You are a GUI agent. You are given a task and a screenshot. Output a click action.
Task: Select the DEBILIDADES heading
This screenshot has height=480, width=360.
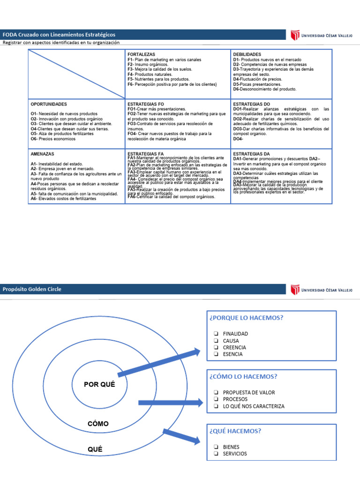247,55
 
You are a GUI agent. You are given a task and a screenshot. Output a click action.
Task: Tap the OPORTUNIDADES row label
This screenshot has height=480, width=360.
49,104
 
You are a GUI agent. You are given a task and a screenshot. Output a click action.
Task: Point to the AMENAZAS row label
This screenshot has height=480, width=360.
42,154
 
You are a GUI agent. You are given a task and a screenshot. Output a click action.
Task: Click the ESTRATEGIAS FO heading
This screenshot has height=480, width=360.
146,104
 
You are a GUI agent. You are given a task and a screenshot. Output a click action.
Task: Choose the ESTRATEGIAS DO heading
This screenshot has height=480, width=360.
252,104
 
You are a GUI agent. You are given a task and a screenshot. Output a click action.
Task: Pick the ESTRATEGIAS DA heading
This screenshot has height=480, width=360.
251,154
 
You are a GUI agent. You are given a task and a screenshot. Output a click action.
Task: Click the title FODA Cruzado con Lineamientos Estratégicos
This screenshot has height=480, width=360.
59,35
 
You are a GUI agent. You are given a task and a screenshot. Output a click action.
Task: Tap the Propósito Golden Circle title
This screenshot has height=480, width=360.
32,289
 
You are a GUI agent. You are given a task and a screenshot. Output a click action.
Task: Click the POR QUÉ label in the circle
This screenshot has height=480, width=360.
99,384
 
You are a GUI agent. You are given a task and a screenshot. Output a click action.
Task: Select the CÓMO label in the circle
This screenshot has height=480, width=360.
98,424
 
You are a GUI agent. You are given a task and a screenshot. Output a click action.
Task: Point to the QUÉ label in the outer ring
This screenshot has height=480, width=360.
95,449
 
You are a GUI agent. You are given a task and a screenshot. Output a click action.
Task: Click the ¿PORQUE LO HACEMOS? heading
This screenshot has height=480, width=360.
247,318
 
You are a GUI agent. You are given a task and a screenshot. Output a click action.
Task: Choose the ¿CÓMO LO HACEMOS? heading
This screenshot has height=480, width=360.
244,376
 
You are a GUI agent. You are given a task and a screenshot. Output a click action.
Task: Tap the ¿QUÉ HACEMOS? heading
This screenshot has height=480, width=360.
236,431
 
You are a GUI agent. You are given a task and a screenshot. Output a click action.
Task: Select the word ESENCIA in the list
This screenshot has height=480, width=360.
232,354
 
